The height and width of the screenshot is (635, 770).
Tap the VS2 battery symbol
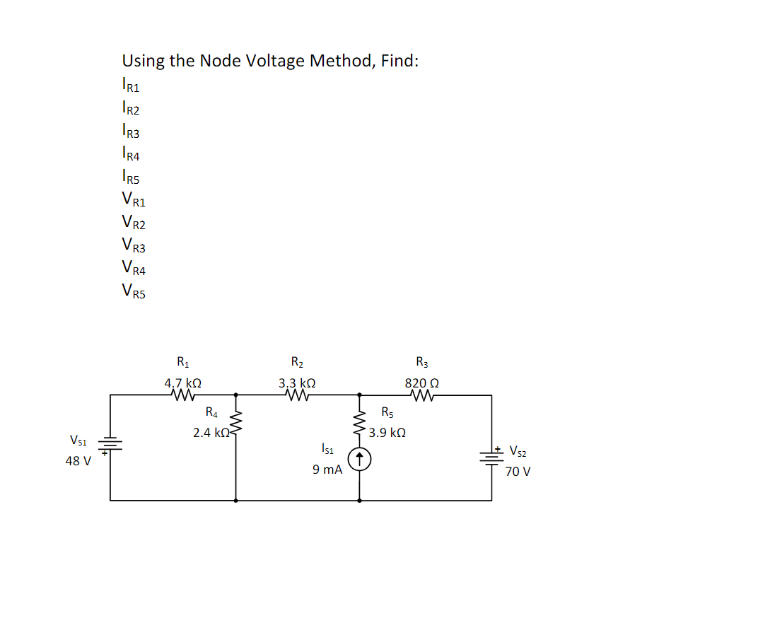491,455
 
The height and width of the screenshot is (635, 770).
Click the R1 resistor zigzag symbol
182,395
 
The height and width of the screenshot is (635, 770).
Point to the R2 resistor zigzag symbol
296,395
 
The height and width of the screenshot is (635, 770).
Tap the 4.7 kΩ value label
182,383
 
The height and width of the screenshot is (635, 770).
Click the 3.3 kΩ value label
296,383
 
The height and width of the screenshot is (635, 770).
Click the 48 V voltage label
78,461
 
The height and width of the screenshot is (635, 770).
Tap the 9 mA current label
327,469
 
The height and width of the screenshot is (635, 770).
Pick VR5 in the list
134,290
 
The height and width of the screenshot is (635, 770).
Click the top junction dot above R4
235,395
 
